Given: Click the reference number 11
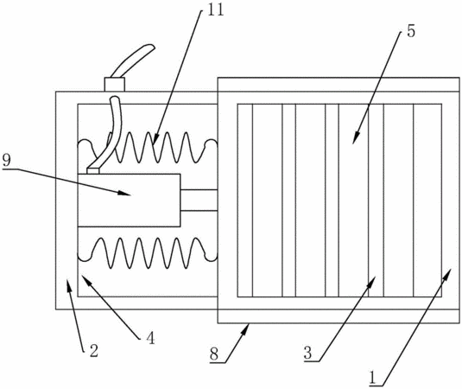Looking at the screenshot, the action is [x=216, y=10].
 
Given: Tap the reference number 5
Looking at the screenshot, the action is [x=411, y=31].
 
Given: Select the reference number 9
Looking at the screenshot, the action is [x=6, y=161].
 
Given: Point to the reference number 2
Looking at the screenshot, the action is [x=94, y=351].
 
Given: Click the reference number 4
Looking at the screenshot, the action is [x=150, y=338].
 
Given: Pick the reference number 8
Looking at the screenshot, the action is [x=214, y=354].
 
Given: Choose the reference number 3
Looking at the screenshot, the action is [x=308, y=353].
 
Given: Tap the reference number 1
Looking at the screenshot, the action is [x=373, y=378].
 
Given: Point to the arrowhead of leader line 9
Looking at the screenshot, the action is [x=124, y=193].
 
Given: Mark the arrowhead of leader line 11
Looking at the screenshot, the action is [x=155, y=138].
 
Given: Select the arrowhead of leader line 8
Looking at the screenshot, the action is [x=245, y=328].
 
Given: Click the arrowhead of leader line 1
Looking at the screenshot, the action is [x=447, y=274].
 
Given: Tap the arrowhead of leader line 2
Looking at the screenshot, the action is [x=69, y=284].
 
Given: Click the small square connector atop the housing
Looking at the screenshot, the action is [x=115, y=85].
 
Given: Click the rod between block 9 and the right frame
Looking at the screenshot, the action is [x=199, y=201].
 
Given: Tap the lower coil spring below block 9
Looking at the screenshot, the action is [x=148, y=252].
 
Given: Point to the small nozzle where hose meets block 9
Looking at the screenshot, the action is [x=93, y=171].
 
